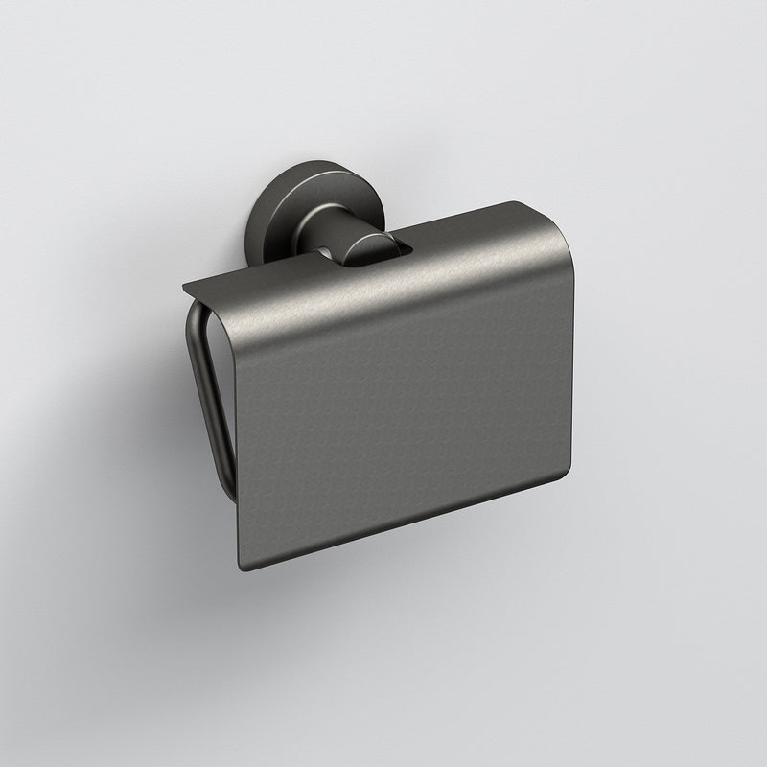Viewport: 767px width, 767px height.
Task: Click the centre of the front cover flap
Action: pos(403,403)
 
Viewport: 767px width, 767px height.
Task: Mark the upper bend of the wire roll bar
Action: pos(192,312)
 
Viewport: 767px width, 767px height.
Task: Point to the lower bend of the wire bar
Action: pos(227,494)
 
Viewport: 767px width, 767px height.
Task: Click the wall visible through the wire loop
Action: pos(219,383)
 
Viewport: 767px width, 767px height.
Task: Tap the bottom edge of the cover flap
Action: pos(403,523)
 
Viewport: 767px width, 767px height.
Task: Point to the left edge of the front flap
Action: pos(237,431)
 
